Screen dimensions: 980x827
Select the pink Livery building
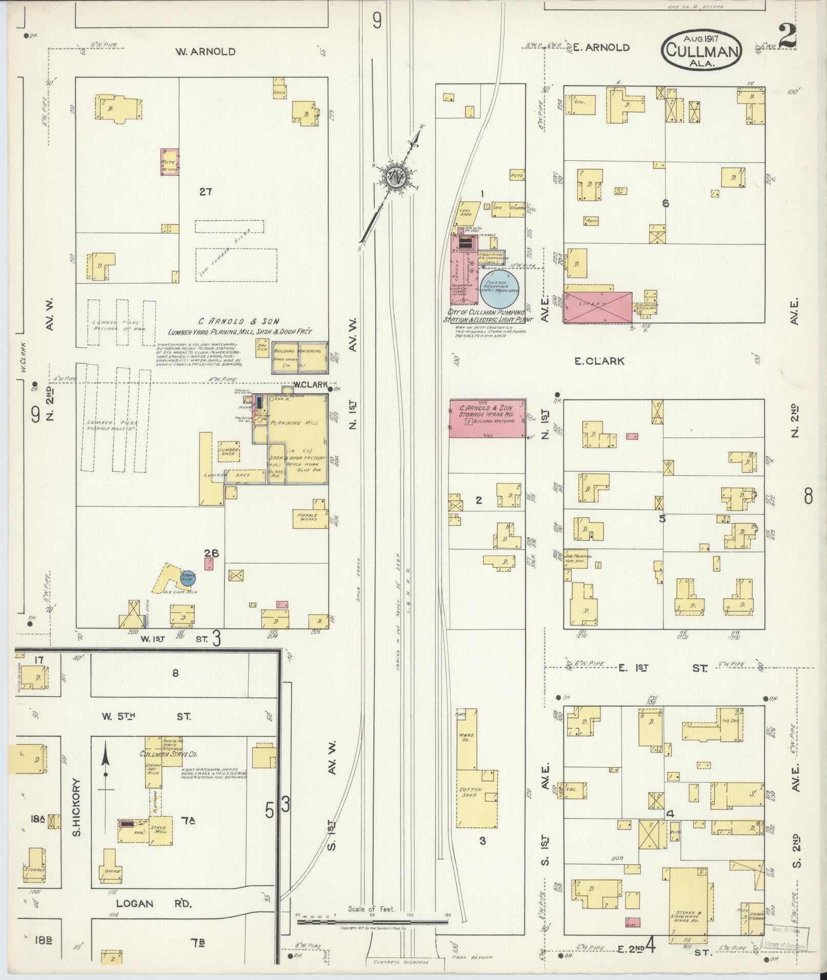coord(598,307)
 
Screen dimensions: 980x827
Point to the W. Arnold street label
coord(205,52)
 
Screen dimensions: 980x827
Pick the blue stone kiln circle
coord(188,577)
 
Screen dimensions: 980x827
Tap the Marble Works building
coord(309,517)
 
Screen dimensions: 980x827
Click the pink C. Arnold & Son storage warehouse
coord(488,418)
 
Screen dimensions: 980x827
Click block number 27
coord(206,192)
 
